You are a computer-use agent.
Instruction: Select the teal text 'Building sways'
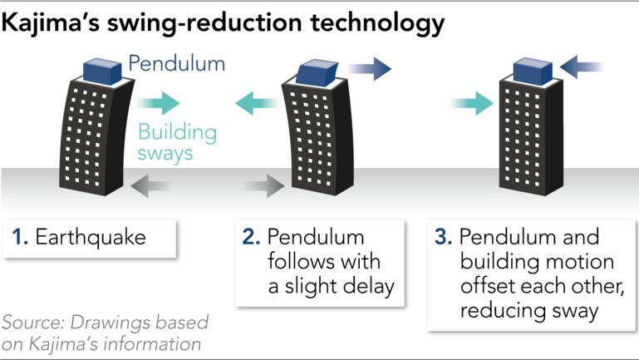tap(177, 141)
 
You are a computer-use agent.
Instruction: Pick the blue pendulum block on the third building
tap(532, 71)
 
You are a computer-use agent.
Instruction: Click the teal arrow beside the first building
tap(158, 103)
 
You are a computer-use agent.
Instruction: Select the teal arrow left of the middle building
tap(257, 103)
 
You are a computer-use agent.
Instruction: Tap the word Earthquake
tap(90, 237)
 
